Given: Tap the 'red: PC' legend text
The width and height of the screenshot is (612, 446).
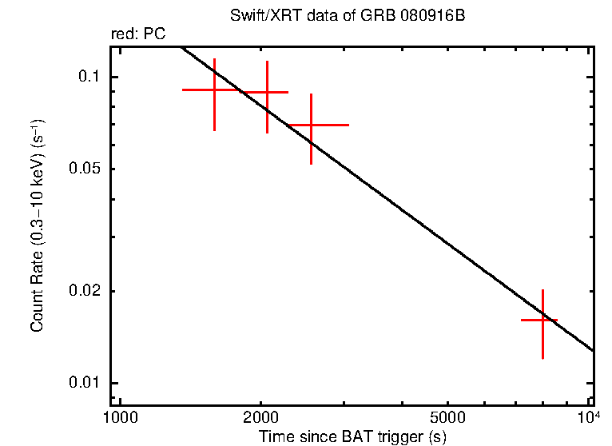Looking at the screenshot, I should pos(137,34).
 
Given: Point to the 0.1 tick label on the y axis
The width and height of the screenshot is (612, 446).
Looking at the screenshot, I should pos(87,77).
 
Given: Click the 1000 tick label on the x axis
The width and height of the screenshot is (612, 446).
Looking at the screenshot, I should pos(120,418).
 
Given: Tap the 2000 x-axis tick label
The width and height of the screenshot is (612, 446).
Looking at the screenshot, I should pos(261,418).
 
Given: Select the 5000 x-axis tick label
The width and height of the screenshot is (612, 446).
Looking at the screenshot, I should pos(447,418).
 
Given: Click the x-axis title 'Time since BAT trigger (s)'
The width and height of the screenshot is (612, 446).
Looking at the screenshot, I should pos(352,436).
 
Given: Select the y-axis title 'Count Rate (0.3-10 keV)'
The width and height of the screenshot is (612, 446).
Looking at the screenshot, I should pos(37,226).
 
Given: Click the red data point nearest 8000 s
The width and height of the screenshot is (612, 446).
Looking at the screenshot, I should pos(542,320).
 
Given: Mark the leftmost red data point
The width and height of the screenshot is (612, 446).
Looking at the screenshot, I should pos(214,90).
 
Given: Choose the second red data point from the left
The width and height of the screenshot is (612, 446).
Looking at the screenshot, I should pos(267,93).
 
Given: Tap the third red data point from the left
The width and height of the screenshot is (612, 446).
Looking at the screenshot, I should pos(311,125).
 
